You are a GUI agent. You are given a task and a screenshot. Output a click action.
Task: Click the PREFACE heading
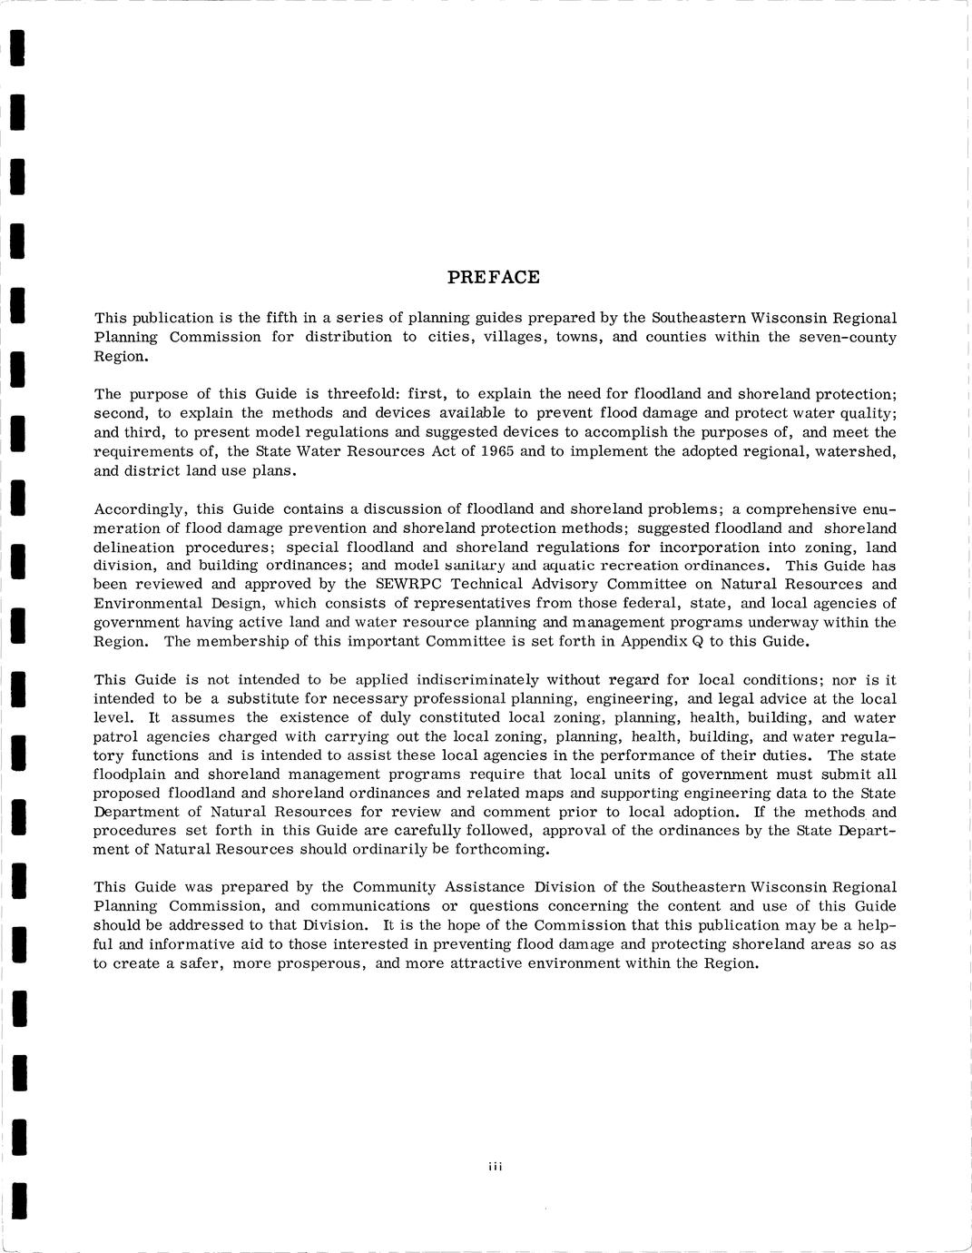click(x=494, y=278)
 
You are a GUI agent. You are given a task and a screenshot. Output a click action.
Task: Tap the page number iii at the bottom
click(x=495, y=1168)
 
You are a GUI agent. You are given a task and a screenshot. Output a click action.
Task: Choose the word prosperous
click(x=316, y=964)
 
